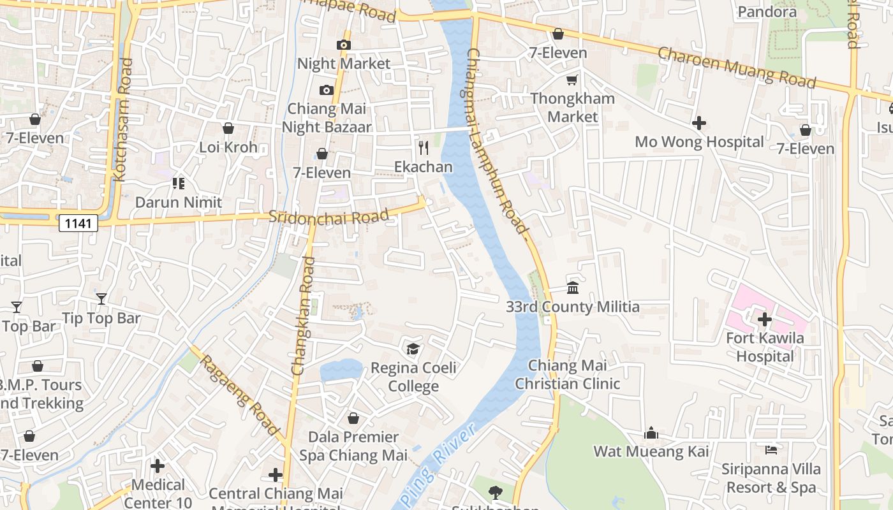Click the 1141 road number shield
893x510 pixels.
coord(78,223)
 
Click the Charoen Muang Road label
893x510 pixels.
coord(737,68)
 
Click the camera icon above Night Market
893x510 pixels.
coord(344,45)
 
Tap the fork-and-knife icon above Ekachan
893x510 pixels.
coord(424,148)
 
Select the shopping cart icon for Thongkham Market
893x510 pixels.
coord(572,80)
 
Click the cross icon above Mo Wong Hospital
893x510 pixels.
coord(699,122)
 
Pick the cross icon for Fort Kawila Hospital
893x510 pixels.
coord(764,319)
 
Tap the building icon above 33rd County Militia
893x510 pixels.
coord(573,288)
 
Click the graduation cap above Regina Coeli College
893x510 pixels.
coord(413,349)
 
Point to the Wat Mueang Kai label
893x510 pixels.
coord(651,451)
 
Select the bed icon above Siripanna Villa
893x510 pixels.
coord(771,450)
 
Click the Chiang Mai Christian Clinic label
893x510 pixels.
coord(568,375)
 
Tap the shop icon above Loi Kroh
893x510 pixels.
coord(228,129)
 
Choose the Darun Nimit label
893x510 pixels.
coord(179,203)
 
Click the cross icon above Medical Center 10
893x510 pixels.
coord(158,466)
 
